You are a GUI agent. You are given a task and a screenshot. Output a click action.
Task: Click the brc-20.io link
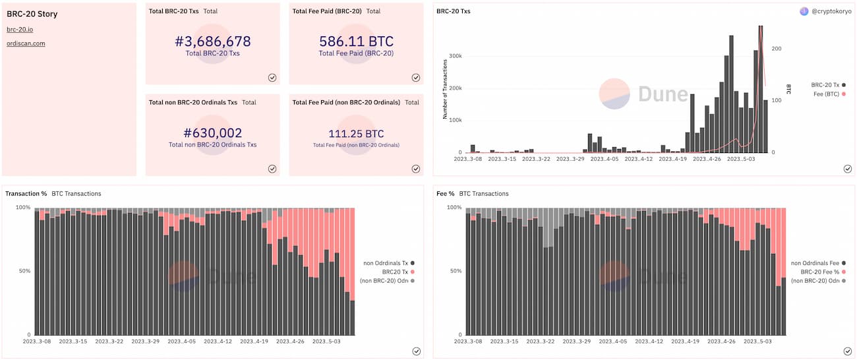(x=20, y=30)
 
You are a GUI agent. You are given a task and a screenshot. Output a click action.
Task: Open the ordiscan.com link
(x=26, y=44)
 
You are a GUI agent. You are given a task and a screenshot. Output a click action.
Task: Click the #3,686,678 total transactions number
(x=213, y=42)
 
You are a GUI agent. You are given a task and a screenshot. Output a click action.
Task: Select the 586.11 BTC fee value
(x=356, y=42)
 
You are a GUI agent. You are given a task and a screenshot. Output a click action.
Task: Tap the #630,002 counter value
(x=213, y=133)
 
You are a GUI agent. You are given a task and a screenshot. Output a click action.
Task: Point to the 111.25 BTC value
(x=356, y=134)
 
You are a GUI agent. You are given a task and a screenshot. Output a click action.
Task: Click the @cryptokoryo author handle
(x=831, y=11)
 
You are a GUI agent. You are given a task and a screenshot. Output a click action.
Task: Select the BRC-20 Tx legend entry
(x=828, y=85)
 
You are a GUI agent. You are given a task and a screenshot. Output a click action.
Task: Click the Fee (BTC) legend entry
(x=829, y=94)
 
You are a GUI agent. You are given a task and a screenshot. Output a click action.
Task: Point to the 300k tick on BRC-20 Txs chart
(x=456, y=56)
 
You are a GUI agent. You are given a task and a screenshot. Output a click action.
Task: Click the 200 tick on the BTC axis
(x=777, y=49)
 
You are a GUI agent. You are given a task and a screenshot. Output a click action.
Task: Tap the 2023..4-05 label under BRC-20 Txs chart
(x=604, y=159)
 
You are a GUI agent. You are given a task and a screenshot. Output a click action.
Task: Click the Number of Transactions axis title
(x=444, y=89)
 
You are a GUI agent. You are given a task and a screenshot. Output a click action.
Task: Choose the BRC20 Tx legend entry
(x=398, y=272)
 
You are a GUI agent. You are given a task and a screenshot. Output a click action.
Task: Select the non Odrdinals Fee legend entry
(x=818, y=263)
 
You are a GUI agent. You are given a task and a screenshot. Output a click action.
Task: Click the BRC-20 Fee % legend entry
(x=823, y=272)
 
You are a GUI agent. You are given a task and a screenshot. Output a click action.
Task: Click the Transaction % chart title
(x=26, y=194)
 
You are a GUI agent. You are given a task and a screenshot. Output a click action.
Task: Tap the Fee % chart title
(x=446, y=194)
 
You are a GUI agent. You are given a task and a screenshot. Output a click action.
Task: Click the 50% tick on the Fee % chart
(x=456, y=271)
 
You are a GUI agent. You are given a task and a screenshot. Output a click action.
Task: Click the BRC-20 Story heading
(x=32, y=14)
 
